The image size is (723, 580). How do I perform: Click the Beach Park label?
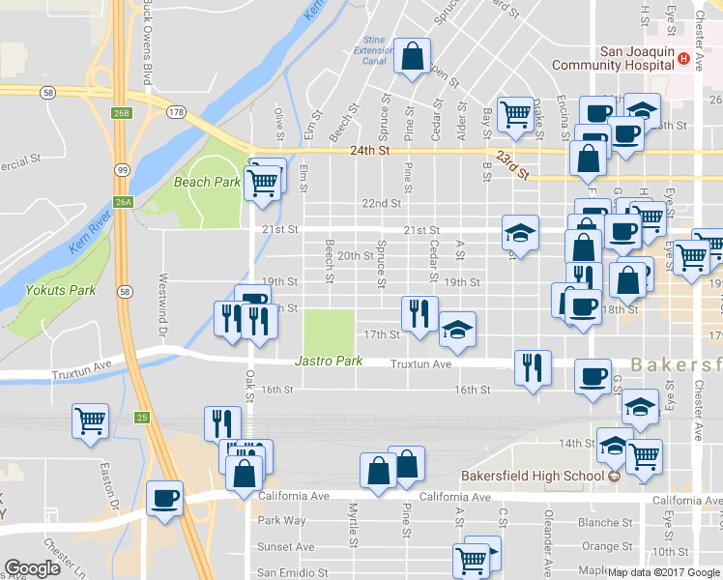click(206, 182)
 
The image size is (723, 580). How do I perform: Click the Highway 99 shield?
click(122, 170)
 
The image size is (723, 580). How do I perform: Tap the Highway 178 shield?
click(175, 112)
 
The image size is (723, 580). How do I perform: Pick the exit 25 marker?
click(141, 418)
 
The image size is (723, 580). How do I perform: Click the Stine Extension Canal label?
click(373, 50)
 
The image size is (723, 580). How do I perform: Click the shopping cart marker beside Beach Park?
click(262, 182)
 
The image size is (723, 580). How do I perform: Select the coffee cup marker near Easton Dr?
click(164, 500)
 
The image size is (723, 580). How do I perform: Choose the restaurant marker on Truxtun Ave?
click(532, 367)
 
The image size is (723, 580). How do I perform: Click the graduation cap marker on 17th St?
click(457, 330)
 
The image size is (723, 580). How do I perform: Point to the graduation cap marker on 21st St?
click(520, 233)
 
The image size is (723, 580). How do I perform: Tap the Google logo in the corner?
click(31, 568)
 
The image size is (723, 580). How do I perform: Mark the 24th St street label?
click(368, 151)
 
